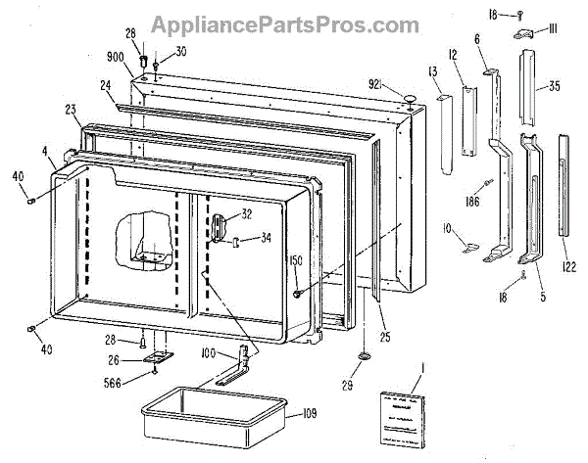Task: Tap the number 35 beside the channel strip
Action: coord(554,87)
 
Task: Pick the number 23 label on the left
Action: coord(71,110)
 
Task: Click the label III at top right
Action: coord(553,31)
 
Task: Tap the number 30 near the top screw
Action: coord(180,51)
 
